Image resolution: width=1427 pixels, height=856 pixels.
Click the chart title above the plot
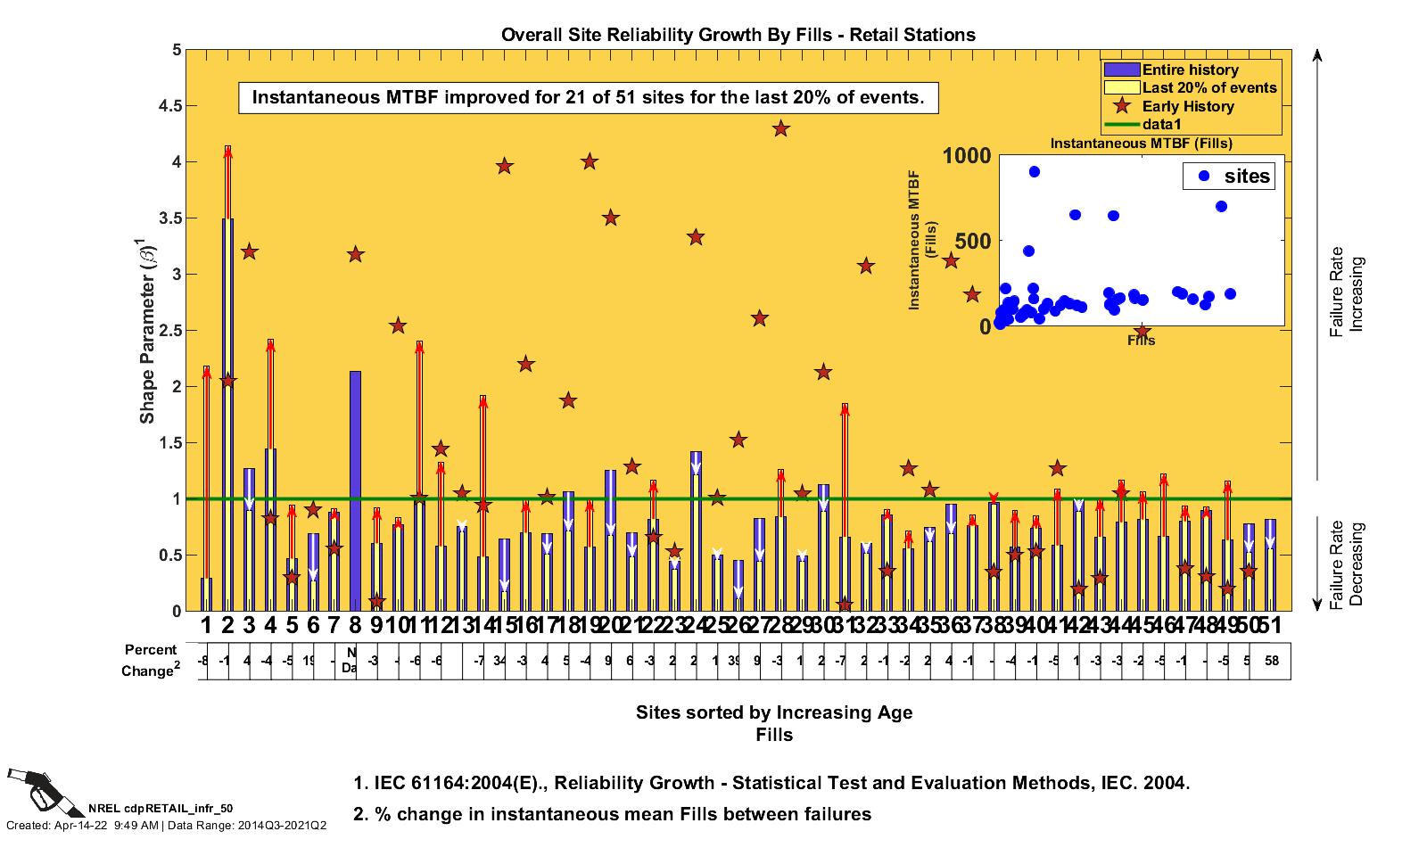pos(738,35)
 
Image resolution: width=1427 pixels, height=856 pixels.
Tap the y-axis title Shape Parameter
pos(147,330)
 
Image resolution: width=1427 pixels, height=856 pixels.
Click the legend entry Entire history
pos(1190,70)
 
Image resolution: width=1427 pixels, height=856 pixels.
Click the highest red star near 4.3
pos(781,128)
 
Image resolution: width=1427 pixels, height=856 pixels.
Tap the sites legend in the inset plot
pos(1227,176)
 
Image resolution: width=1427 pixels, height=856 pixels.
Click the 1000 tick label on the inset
pos(967,156)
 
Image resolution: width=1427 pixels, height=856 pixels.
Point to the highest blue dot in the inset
pos(1035,172)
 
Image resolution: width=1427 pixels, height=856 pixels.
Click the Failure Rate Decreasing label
pos(1347,564)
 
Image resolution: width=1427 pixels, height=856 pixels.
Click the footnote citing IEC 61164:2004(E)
pos(771,783)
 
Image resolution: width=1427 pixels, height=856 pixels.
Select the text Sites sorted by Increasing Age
pos(773,712)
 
